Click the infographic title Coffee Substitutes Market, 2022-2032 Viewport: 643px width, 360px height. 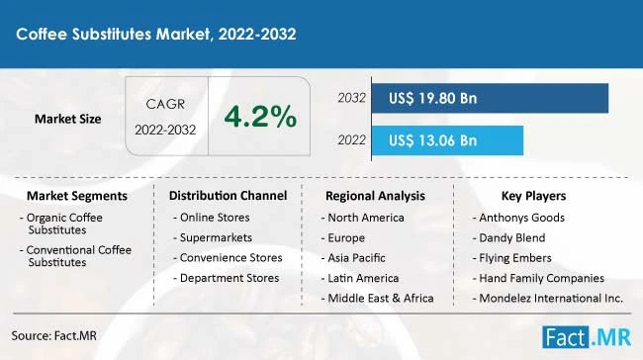coord(156,33)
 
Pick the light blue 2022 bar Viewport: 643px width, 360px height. coord(448,140)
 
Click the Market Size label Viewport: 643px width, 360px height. coord(68,119)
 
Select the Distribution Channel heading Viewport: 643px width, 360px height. coord(228,195)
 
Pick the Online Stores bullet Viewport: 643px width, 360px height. coord(214,217)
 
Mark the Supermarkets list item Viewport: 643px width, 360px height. coord(216,237)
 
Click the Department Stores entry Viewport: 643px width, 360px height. coord(229,278)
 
